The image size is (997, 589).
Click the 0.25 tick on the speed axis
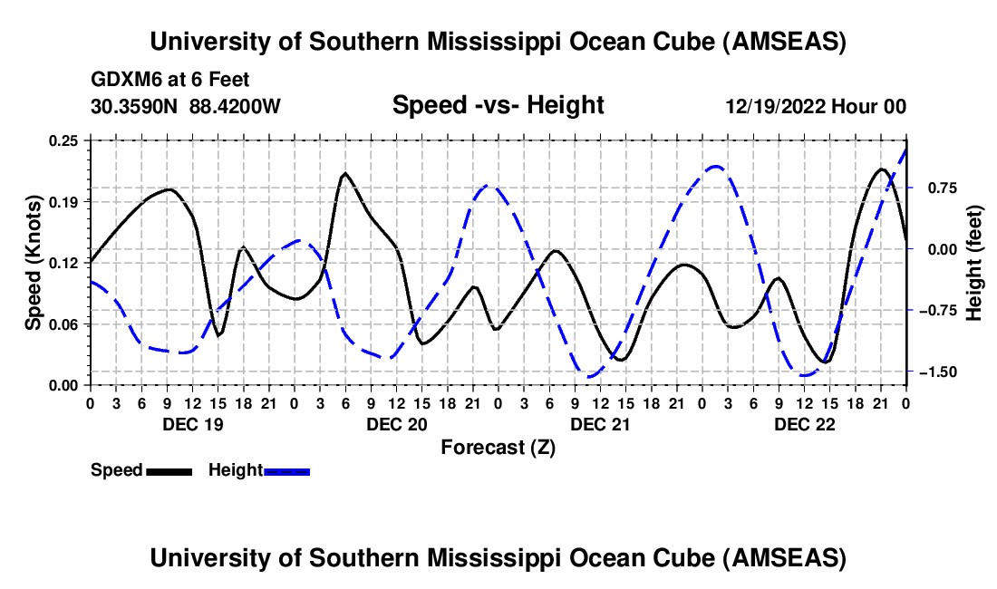65,140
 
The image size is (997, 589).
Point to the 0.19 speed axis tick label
65,201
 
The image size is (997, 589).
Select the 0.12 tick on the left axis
65,263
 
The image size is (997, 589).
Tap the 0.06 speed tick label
65,323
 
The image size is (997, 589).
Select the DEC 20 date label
396,424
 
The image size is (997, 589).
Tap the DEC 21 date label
600,424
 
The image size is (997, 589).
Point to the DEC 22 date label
804,424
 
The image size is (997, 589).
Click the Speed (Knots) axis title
34,262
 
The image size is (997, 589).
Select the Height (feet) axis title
974,262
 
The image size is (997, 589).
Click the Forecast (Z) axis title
498,447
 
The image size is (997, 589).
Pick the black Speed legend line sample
169,470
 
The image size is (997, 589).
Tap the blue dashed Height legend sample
286,470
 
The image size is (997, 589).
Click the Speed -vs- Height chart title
498,105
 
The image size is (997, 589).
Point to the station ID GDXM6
123,80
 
